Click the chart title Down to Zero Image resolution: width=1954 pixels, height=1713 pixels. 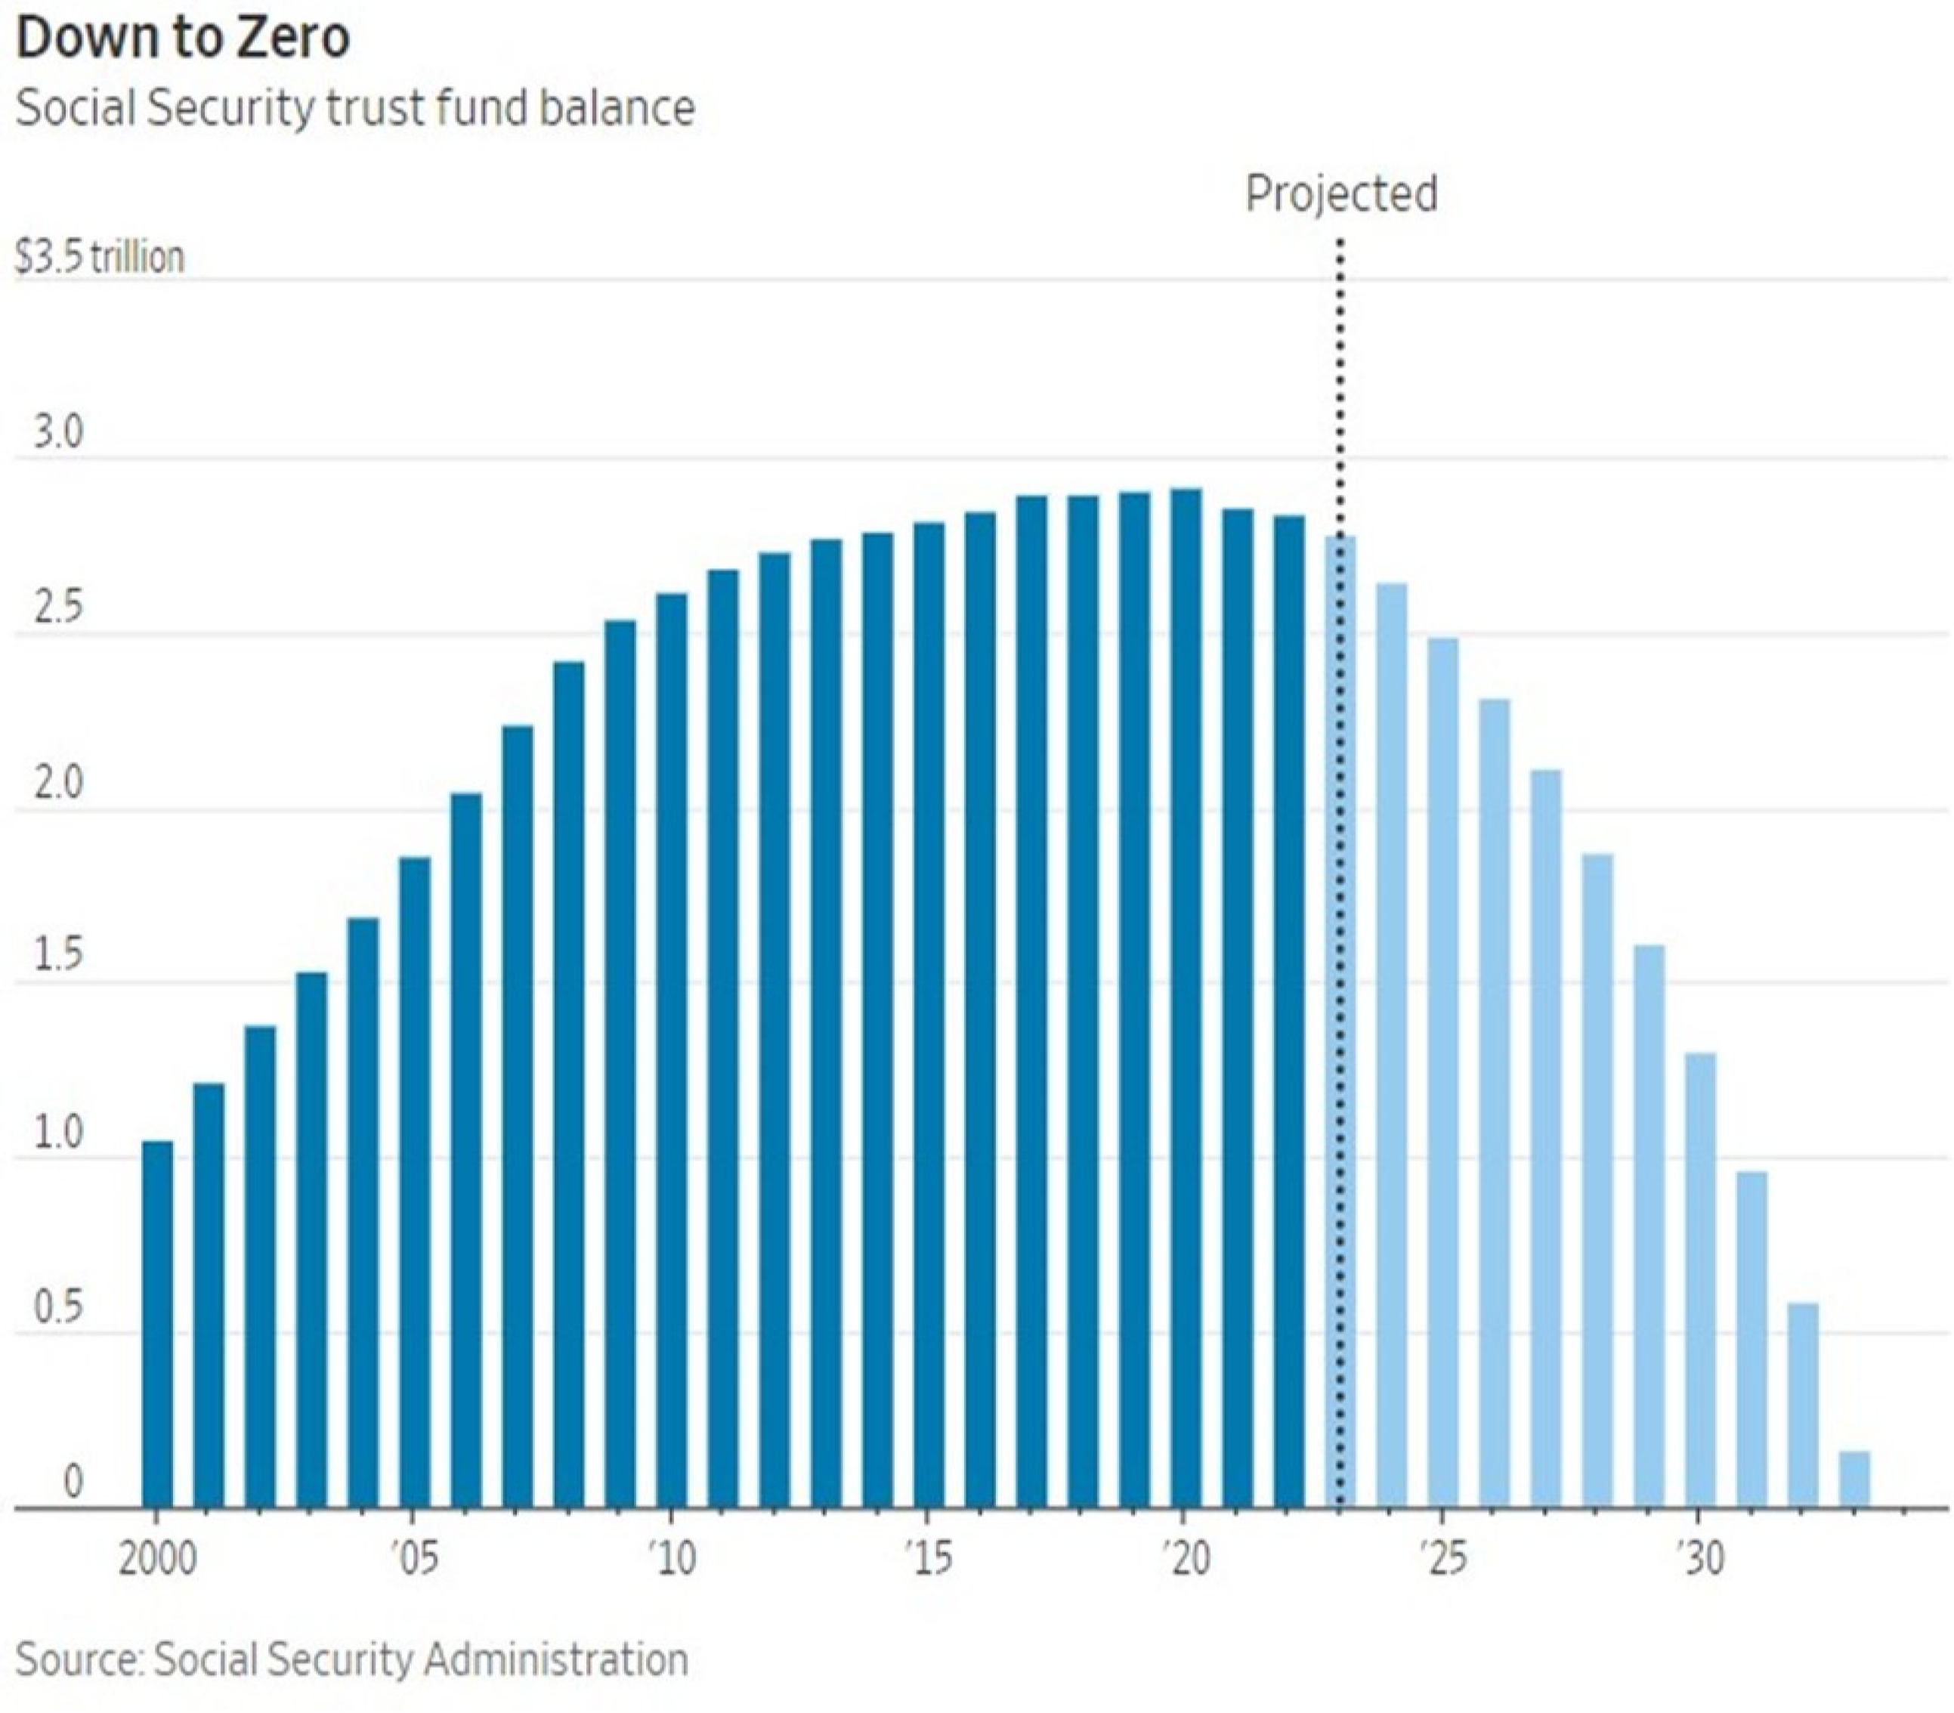[183, 39]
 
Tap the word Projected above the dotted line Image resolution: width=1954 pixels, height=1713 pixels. [1341, 193]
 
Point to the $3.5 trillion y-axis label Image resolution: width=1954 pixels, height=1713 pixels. [100, 257]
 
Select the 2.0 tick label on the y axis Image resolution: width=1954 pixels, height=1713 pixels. [58, 784]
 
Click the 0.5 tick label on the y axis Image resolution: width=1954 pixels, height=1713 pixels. [58, 1309]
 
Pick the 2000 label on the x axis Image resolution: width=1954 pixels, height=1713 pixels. [158, 1559]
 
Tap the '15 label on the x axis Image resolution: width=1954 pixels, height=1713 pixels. [928, 1559]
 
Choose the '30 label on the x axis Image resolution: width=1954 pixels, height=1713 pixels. [1701, 1559]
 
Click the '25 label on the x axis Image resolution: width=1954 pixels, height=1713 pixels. [1442, 1559]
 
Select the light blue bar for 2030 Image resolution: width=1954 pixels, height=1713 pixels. [1701, 1281]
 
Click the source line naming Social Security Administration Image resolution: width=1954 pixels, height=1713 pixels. [352, 1659]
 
